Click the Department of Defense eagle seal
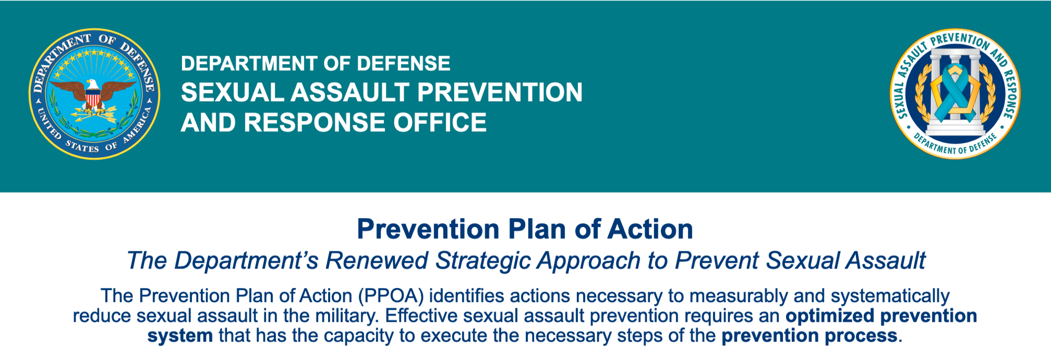pyautogui.click(x=95, y=94)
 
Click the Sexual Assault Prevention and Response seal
pyautogui.click(x=955, y=94)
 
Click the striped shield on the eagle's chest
pyautogui.click(x=93, y=98)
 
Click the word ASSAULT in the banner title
pyautogui.click(x=350, y=92)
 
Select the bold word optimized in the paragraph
pyautogui.click(x=830, y=316)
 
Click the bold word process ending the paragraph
pyautogui.click(x=864, y=336)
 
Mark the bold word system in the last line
pyautogui.click(x=180, y=336)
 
